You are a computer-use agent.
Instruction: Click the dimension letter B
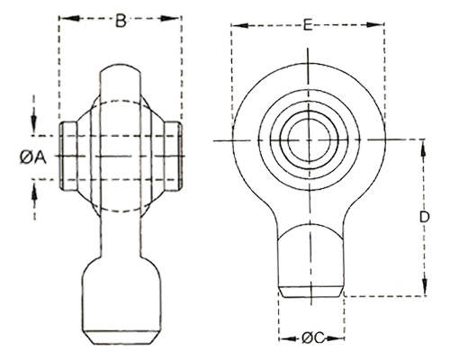[x=121, y=22]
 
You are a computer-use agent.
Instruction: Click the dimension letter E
[x=308, y=24]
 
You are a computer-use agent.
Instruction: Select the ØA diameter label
[x=33, y=157]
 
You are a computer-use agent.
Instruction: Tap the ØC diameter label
[x=313, y=338]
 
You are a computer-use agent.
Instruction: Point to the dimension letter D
[x=424, y=217]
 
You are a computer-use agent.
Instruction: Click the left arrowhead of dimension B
[x=70, y=18]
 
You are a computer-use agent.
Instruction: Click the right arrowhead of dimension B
[x=170, y=18]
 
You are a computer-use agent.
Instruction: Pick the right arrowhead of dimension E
[x=374, y=25]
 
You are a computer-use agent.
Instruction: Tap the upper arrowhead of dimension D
[x=423, y=149]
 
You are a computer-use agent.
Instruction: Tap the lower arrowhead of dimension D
[x=425, y=286]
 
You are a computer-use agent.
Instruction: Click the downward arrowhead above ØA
[x=34, y=123]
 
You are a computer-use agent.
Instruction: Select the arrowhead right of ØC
[x=335, y=338]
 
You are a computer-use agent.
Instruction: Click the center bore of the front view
[x=309, y=139]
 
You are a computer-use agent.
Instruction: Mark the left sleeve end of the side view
[x=68, y=156]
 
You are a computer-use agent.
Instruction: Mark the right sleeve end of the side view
[x=173, y=156]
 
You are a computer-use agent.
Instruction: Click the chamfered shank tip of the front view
[x=310, y=292]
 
